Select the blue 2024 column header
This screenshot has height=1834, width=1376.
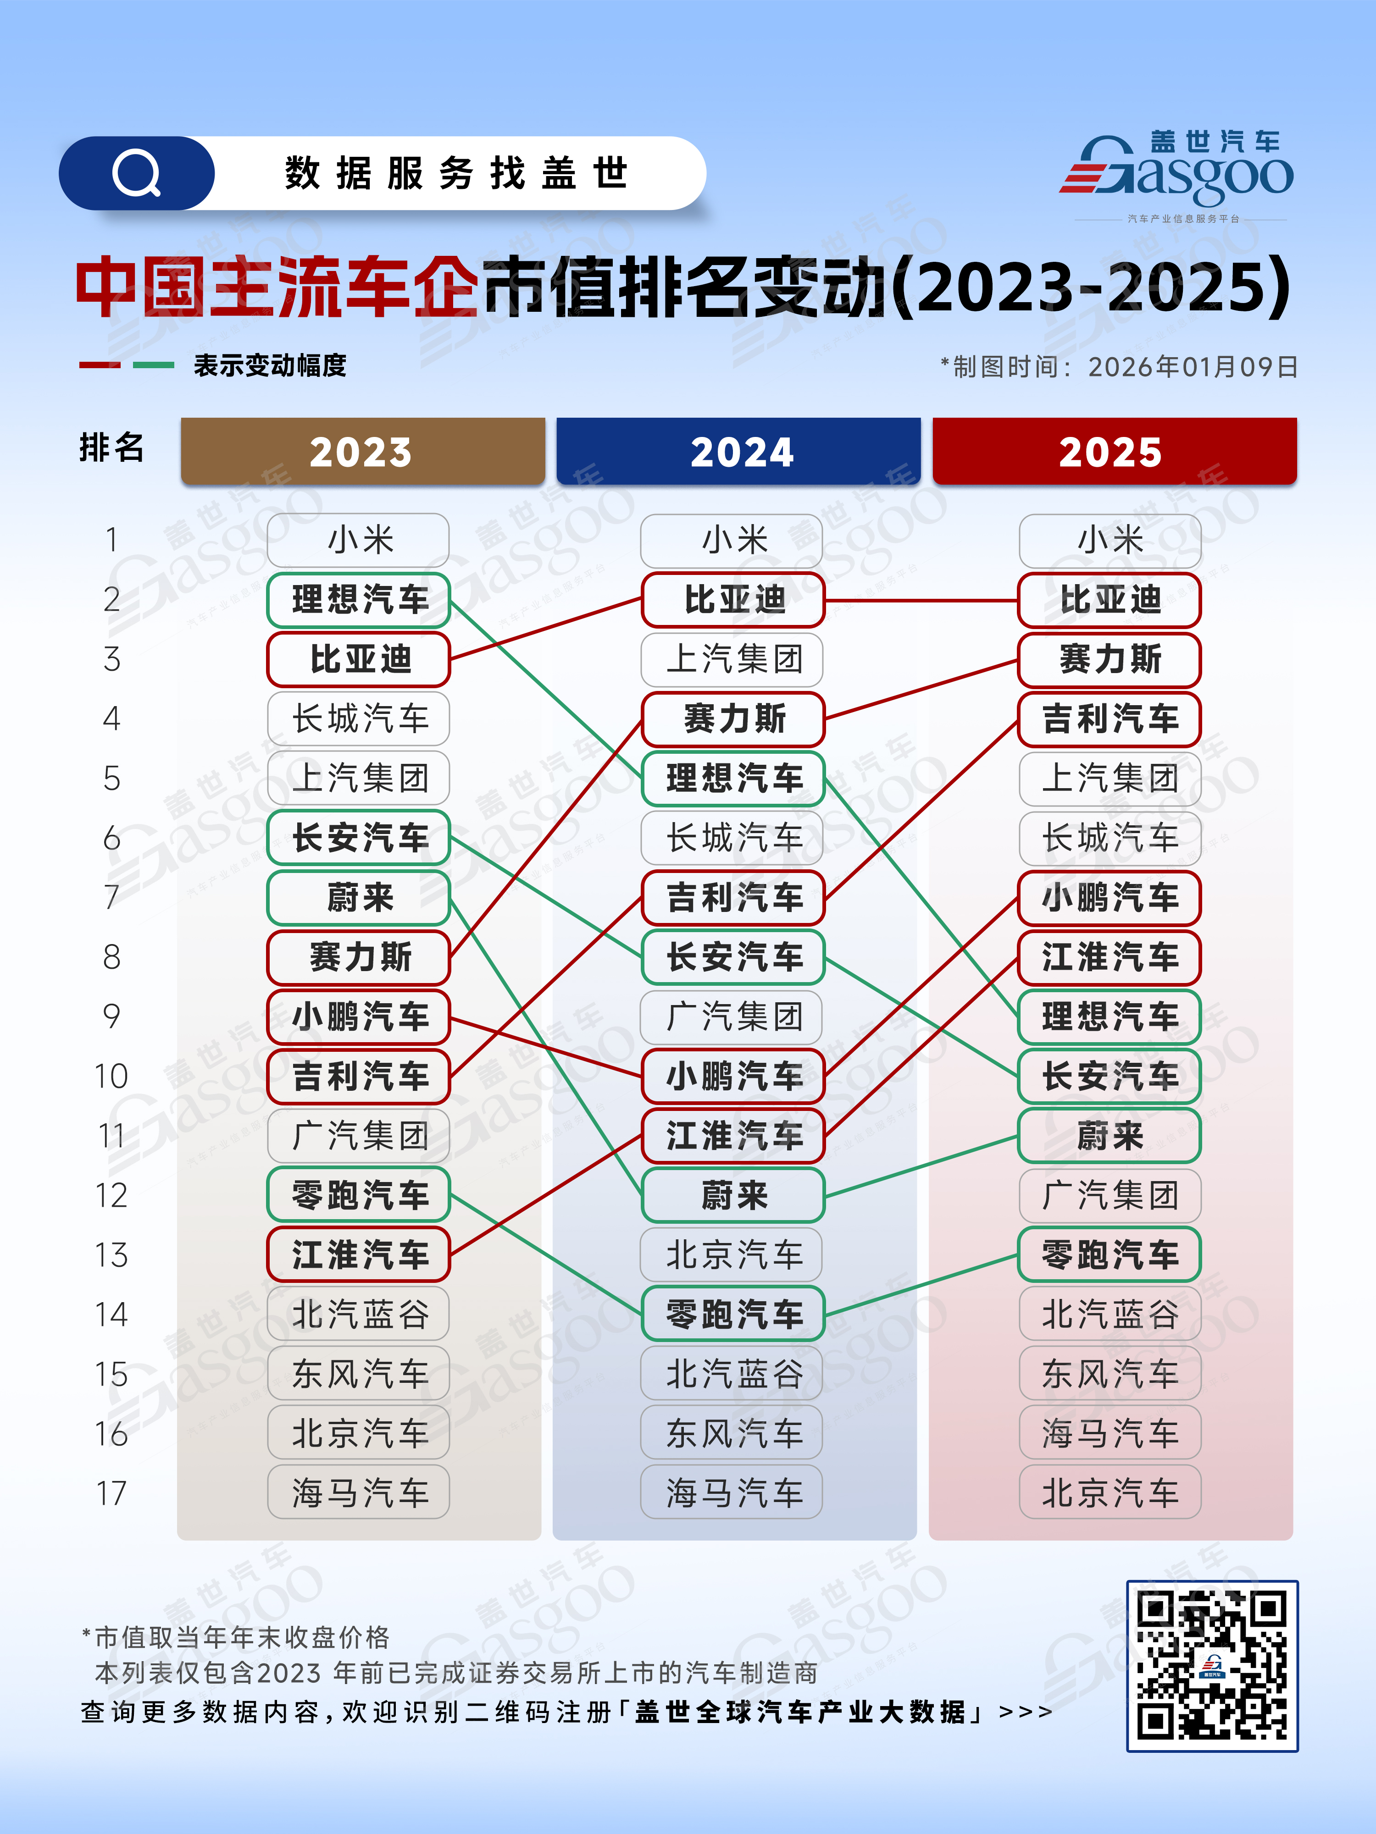(738, 451)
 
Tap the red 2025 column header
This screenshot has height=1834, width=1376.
(1114, 451)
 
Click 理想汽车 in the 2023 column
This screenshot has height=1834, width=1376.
(358, 599)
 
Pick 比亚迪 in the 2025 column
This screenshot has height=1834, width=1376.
(1110, 599)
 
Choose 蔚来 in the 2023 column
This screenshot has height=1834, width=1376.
(358, 897)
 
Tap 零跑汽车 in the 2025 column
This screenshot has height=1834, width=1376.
(1110, 1254)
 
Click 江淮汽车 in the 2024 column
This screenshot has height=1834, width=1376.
(733, 1135)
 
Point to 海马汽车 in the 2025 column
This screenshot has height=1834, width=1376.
(1110, 1433)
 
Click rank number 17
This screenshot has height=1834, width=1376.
(111, 1493)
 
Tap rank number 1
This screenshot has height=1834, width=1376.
(111, 541)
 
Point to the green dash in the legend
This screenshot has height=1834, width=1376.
(154, 365)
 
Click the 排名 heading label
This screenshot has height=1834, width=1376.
(111, 447)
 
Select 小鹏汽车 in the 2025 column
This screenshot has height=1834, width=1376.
(1110, 897)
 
